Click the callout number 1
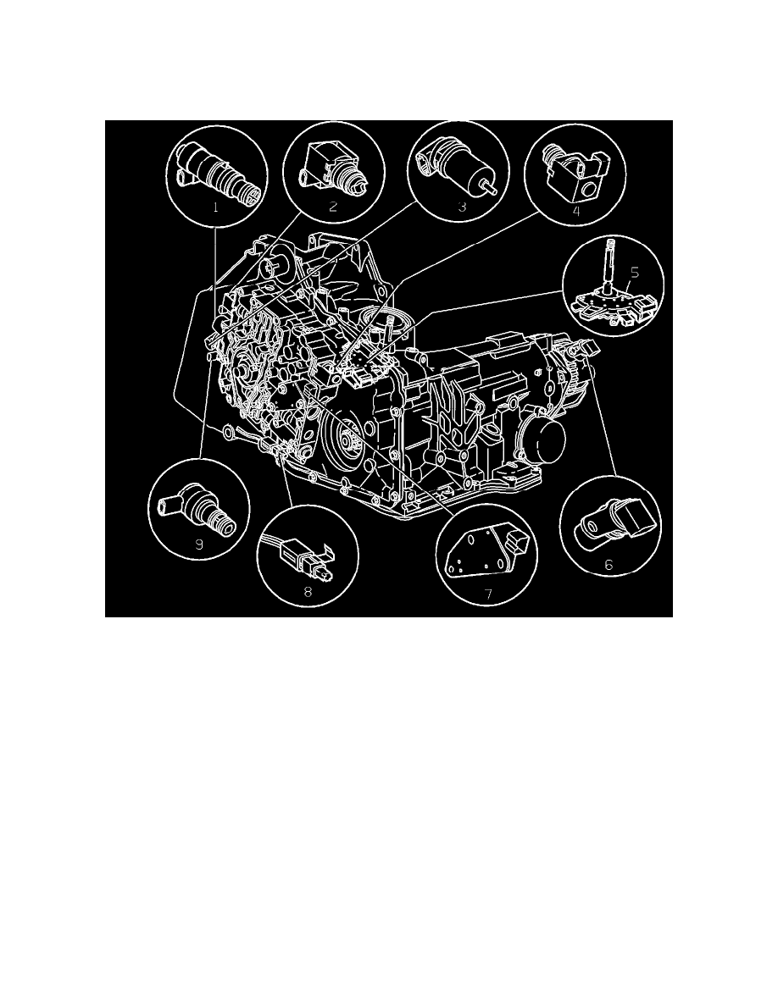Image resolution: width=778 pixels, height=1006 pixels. click(216, 206)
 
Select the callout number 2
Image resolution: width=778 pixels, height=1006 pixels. click(333, 206)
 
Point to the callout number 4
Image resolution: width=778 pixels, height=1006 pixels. click(575, 212)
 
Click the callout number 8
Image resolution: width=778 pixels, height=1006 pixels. click(308, 593)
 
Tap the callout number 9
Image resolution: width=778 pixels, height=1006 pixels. click(199, 544)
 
